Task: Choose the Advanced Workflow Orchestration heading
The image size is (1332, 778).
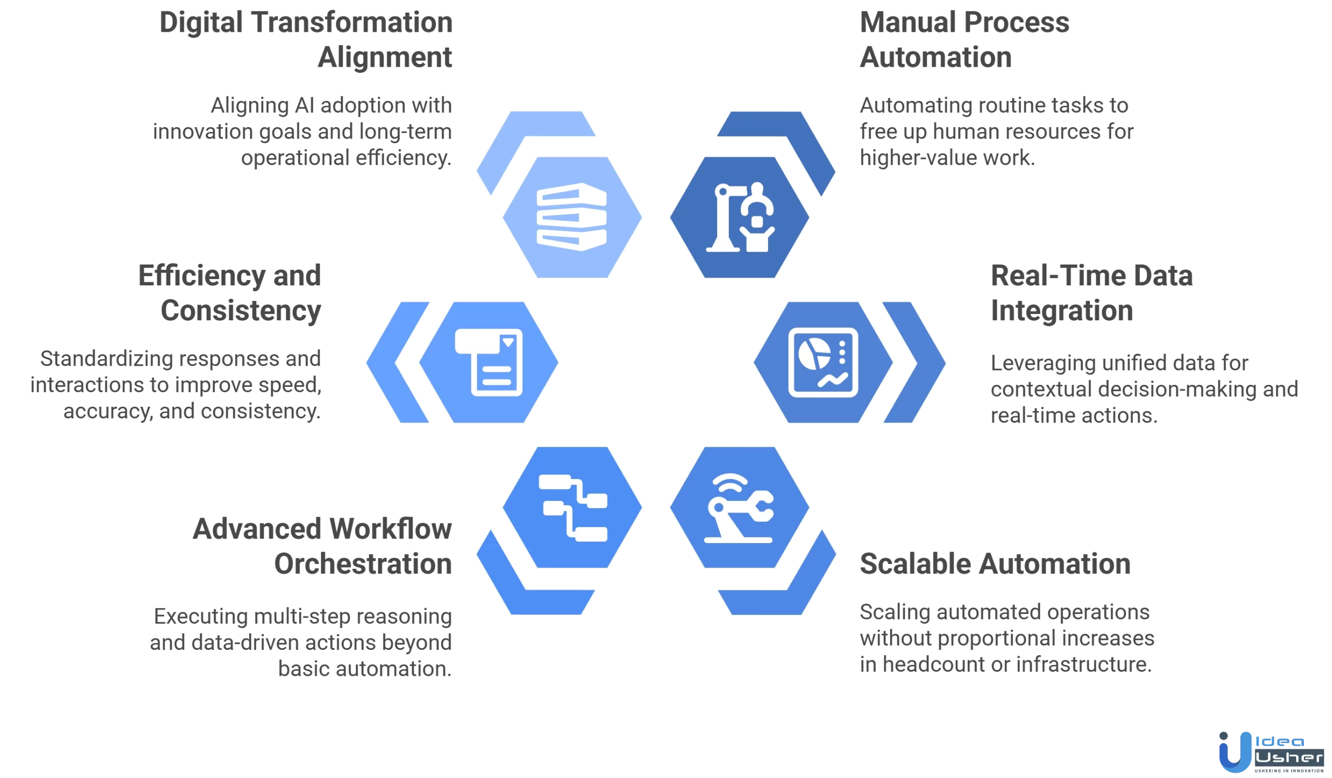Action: click(322, 546)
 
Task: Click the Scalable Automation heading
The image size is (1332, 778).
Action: click(995, 564)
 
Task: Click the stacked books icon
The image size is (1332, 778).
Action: click(571, 217)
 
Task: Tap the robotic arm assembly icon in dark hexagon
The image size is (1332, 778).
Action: click(739, 217)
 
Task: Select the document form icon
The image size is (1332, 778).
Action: click(489, 362)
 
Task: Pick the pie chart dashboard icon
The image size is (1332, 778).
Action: click(823, 362)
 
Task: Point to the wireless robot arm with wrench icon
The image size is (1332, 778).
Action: click(739, 507)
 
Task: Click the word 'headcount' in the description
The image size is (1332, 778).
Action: click(932, 665)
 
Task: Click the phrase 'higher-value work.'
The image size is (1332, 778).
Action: click(946, 158)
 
